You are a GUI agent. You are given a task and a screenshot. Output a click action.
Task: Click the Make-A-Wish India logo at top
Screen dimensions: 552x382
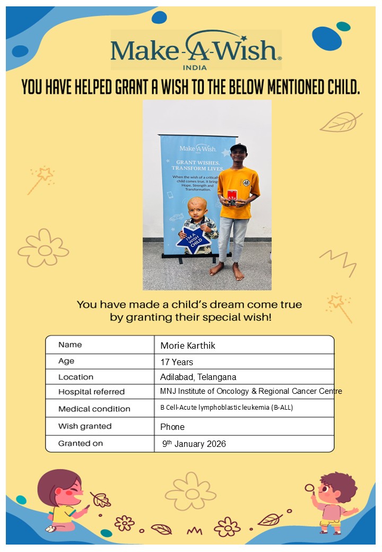[x=196, y=51]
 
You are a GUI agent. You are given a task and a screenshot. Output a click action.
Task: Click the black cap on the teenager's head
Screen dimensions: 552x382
[x=238, y=148]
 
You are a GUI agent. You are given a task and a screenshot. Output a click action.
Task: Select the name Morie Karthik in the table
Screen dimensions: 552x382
[x=188, y=346]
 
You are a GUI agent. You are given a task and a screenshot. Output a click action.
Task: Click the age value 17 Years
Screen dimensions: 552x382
[x=177, y=362]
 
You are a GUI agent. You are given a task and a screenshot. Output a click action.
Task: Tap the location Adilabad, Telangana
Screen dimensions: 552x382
[x=198, y=377]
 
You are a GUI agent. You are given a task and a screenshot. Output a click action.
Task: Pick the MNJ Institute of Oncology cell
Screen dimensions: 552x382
[x=251, y=391]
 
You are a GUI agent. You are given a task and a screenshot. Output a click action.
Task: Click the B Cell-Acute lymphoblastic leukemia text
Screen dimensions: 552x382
[x=226, y=408]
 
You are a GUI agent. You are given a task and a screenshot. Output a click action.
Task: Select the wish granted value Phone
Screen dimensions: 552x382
[x=172, y=426]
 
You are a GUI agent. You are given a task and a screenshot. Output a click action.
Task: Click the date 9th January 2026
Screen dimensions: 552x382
[x=194, y=444]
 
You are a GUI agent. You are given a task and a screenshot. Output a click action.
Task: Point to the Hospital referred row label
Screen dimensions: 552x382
[x=91, y=392]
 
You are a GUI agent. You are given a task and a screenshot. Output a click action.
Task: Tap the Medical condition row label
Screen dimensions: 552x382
[x=94, y=409]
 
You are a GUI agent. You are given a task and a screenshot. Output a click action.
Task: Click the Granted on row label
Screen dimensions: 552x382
[x=81, y=443]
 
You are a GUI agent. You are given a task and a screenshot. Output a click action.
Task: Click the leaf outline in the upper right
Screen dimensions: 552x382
[x=340, y=122]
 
